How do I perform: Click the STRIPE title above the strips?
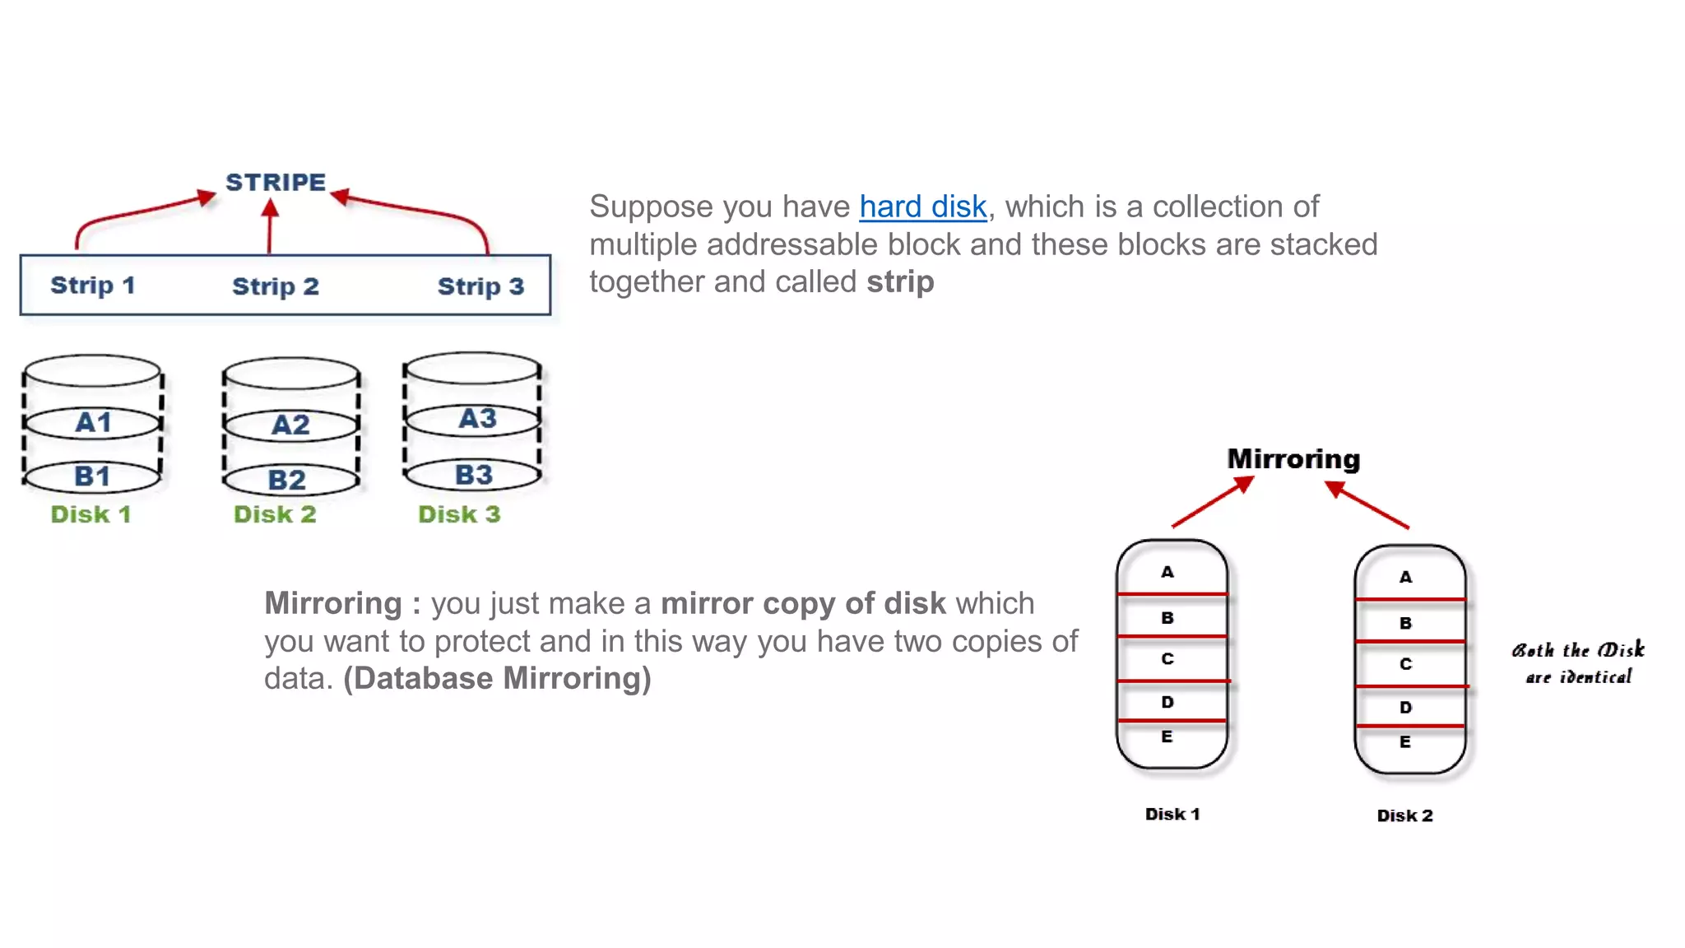click(276, 182)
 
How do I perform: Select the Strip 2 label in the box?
click(275, 286)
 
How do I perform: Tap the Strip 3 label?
click(480, 286)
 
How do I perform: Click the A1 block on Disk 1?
click(93, 423)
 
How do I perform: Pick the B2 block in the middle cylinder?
click(287, 480)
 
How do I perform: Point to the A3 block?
click(477, 418)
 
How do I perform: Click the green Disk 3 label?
click(459, 514)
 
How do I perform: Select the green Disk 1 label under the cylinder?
click(91, 514)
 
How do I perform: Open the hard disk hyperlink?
click(922, 207)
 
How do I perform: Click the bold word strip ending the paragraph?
click(900, 282)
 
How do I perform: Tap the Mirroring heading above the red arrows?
click(1293, 459)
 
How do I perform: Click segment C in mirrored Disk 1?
click(1167, 659)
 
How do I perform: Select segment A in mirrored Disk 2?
click(1405, 577)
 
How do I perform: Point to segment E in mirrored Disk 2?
click(1405, 742)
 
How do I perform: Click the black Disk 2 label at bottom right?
click(1404, 816)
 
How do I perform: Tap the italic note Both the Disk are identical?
click(1578, 663)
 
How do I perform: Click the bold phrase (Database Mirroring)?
click(497, 679)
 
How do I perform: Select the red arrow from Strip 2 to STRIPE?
click(270, 227)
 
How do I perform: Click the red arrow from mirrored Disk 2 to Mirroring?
click(1367, 505)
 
